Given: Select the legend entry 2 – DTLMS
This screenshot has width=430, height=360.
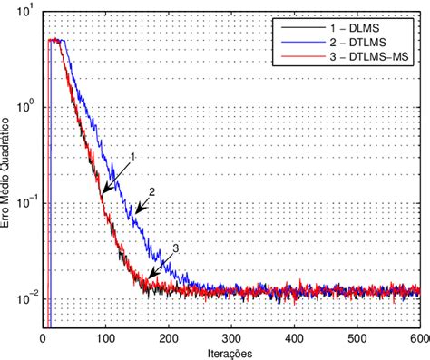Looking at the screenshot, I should (x=366, y=43).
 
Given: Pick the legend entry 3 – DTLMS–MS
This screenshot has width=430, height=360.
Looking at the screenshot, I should (x=375, y=58).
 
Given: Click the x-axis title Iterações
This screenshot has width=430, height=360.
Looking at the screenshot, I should (x=231, y=352).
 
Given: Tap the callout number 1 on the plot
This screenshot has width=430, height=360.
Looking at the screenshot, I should (x=133, y=157).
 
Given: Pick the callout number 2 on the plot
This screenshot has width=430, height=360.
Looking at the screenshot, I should (x=152, y=191).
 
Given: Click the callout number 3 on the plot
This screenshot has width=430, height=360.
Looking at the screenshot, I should (x=175, y=248).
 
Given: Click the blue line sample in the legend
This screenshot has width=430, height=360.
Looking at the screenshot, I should (x=296, y=43).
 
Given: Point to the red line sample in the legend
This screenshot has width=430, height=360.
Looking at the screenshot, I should (x=296, y=58).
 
